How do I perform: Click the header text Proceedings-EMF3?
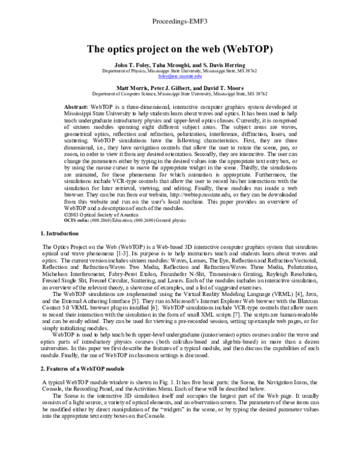181,7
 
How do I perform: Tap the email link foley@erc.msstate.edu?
180,76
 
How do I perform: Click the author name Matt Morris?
128,88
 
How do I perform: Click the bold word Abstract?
75,106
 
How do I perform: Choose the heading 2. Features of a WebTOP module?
82,367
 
